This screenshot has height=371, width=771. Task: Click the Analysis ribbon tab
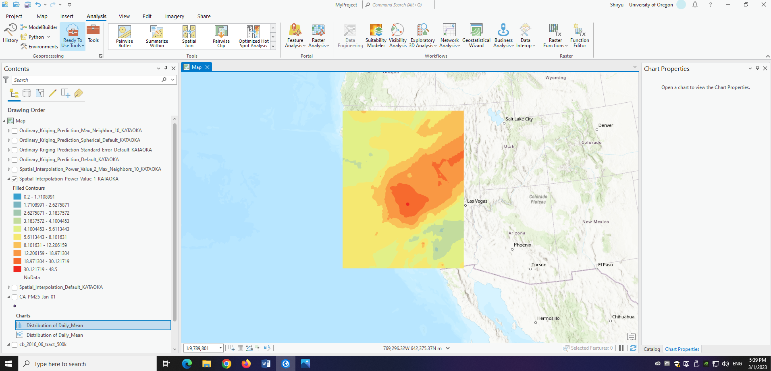point(96,17)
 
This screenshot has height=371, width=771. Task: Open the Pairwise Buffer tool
point(125,36)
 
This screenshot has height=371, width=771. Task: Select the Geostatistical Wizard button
point(476,36)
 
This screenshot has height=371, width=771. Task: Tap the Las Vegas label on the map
point(477,201)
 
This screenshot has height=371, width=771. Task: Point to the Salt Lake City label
point(519,119)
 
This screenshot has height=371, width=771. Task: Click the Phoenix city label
point(522,245)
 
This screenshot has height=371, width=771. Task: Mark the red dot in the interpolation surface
point(407,204)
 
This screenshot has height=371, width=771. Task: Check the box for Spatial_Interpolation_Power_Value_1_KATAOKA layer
point(15,179)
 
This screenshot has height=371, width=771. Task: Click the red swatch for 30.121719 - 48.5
point(17,269)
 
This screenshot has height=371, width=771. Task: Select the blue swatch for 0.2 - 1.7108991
point(17,197)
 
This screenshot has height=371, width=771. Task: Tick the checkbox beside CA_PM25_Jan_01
point(15,297)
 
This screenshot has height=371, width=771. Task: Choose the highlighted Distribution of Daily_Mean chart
point(54,325)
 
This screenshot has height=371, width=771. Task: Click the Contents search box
point(87,80)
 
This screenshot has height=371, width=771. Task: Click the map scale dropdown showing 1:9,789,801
point(220,348)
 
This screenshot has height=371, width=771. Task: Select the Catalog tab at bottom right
point(652,349)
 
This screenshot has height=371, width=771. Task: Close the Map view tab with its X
point(207,67)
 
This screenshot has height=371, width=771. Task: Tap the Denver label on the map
point(605,126)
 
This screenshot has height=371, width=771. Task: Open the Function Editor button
point(580,36)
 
